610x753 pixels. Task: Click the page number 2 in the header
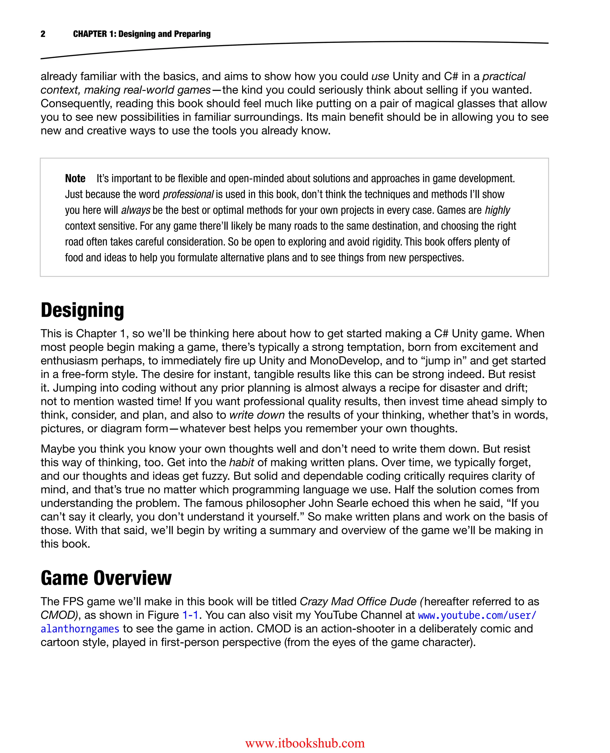(x=43, y=34)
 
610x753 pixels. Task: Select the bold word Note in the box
(x=75, y=178)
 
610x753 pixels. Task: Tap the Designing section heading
(x=82, y=310)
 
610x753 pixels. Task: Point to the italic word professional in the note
(x=188, y=194)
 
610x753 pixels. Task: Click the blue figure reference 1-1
(x=190, y=615)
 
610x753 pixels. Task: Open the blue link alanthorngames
(x=80, y=629)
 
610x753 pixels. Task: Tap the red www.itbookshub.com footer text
(x=305, y=743)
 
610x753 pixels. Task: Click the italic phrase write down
(x=257, y=415)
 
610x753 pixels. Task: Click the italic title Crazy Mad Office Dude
(x=358, y=601)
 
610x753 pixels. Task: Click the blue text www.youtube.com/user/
(x=477, y=615)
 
